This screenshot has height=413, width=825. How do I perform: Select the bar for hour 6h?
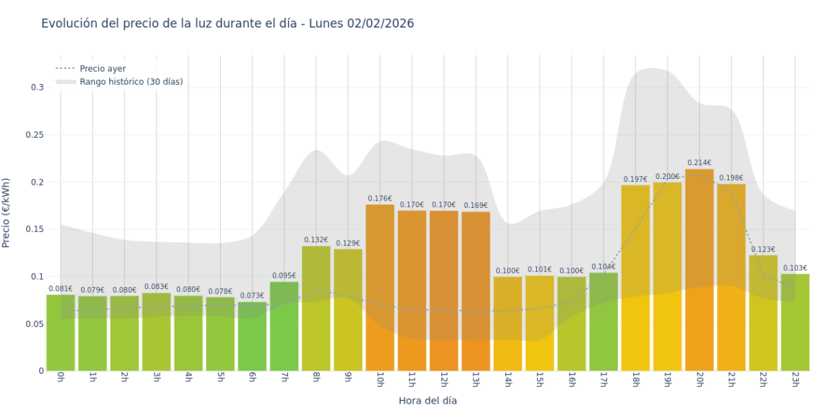[252, 336]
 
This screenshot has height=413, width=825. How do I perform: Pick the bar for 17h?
[604, 322]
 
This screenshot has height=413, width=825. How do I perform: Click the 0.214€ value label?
[699, 163]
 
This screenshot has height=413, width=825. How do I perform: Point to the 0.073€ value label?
[252, 296]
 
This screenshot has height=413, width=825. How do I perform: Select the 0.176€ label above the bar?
[380, 199]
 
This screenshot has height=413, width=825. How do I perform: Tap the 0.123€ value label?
[763, 249]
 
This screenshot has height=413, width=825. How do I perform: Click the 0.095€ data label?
[284, 275]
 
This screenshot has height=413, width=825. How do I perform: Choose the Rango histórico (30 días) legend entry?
[131, 82]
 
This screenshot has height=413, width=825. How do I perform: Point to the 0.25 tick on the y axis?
[35, 135]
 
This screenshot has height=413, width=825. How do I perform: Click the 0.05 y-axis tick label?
[35, 324]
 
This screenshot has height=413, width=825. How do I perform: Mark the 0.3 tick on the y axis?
[37, 87]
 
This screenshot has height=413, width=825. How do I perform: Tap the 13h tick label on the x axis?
[475, 380]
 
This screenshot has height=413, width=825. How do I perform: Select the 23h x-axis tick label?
[795, 380]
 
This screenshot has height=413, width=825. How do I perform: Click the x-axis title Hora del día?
[428, 400]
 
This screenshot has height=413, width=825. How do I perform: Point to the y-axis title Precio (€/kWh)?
[7, 213]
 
